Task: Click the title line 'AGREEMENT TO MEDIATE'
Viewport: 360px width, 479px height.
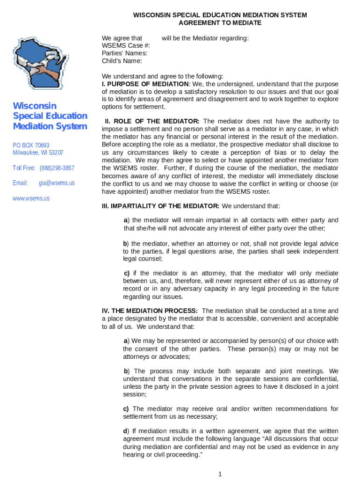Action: pyautogui.click(x=220, y=23)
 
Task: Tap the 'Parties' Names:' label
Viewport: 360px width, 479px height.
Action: pyautogui.click(x=124, y=53)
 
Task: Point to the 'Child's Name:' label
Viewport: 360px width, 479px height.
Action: pyautogui.click(x=122, y=61)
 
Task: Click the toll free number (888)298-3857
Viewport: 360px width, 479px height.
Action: pyautogui.click(x=57, y=168)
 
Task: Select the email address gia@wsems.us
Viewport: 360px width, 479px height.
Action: pyautogui.click(x=57, y=183)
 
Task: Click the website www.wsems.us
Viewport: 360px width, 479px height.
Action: pyautogui.click(x=31, y=198)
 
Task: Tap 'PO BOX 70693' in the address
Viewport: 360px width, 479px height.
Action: pyautogui.click(x=31, y=145)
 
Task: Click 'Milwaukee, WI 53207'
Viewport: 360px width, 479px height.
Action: pyautogui.click(x=38, y=152)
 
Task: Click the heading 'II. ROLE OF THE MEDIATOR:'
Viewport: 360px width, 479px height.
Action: pyautogui.click(x=152, y=122)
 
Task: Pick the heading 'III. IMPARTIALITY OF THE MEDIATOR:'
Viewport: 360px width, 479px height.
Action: pyautogui.click(x=160, y=206)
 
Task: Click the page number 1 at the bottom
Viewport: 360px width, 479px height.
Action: pyautogui.click(x=220, y=474)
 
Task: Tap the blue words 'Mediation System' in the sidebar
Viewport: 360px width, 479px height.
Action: pyautogui.click(x=50, y=126)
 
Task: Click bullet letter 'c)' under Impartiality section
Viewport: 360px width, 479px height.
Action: pyautogui.click(x=126, y=273)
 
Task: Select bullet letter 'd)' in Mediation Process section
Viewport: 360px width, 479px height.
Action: pyautogui.click(x=126, y=431)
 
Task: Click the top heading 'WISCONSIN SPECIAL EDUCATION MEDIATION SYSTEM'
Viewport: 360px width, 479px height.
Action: pyautogui.click(x=220, y=15)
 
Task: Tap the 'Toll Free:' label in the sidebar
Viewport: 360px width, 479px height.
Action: pyautogui.click(x=24, y=168)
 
